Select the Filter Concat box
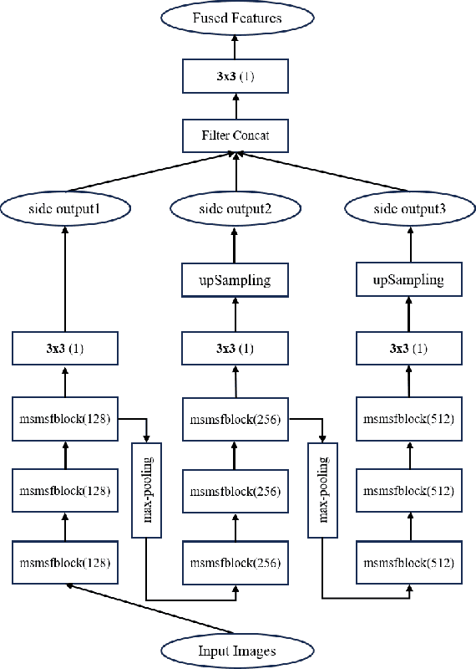pos(235,134)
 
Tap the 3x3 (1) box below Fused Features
pos(235,79)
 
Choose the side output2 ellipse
pos(235,207)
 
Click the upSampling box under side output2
pos(235,279)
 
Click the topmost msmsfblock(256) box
pos(235,420)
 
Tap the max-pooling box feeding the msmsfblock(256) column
pos(147,491)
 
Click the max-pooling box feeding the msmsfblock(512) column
pos(322,491)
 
